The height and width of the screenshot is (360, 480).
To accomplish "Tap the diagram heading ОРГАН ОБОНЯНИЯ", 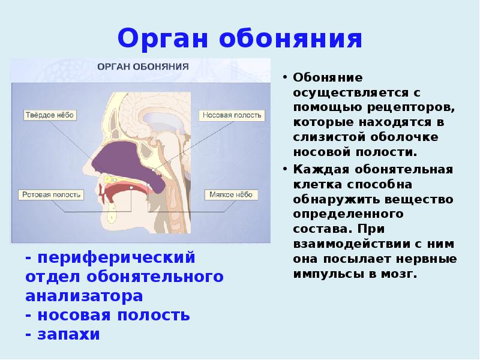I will click(144, 66).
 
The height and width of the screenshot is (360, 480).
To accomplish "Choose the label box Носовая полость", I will click(231, 115).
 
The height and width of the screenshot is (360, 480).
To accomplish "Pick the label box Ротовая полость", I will click(51, 194).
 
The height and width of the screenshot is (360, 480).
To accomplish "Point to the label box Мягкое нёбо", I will click(232, 194).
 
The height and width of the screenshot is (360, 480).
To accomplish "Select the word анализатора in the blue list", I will click(84, 296).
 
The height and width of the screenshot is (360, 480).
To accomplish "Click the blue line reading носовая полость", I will click(108, 315).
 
